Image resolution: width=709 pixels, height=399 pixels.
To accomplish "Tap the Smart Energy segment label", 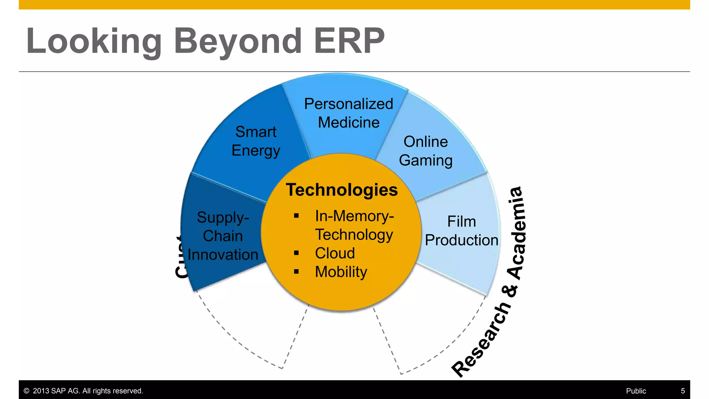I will coord(255,141).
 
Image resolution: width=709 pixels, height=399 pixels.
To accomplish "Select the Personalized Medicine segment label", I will coord(348,113).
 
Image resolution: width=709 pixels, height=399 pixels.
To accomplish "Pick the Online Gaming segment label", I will coord(425,151).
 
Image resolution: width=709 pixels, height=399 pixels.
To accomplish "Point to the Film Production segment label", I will coord(461,231).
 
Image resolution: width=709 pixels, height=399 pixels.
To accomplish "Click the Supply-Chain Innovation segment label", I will coord(223,236).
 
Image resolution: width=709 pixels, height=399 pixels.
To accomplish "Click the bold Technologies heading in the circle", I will coord(342,190).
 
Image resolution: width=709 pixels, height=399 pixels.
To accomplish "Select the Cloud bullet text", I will coord(335,253).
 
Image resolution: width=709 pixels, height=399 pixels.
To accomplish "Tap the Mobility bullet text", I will coord(341,272).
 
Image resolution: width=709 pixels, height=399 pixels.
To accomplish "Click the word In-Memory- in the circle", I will coord(354,216).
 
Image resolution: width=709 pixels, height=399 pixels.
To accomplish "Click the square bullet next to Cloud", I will coord(296,253).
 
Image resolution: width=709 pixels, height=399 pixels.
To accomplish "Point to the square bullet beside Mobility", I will coord(296,272).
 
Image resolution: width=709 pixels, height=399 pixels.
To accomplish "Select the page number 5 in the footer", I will coord(683,391).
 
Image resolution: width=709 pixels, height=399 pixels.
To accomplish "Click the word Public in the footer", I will coord(636,391).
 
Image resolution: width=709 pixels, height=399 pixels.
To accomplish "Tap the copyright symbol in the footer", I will coord(26,391).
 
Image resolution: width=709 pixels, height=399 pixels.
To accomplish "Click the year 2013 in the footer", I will coord(41,391).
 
